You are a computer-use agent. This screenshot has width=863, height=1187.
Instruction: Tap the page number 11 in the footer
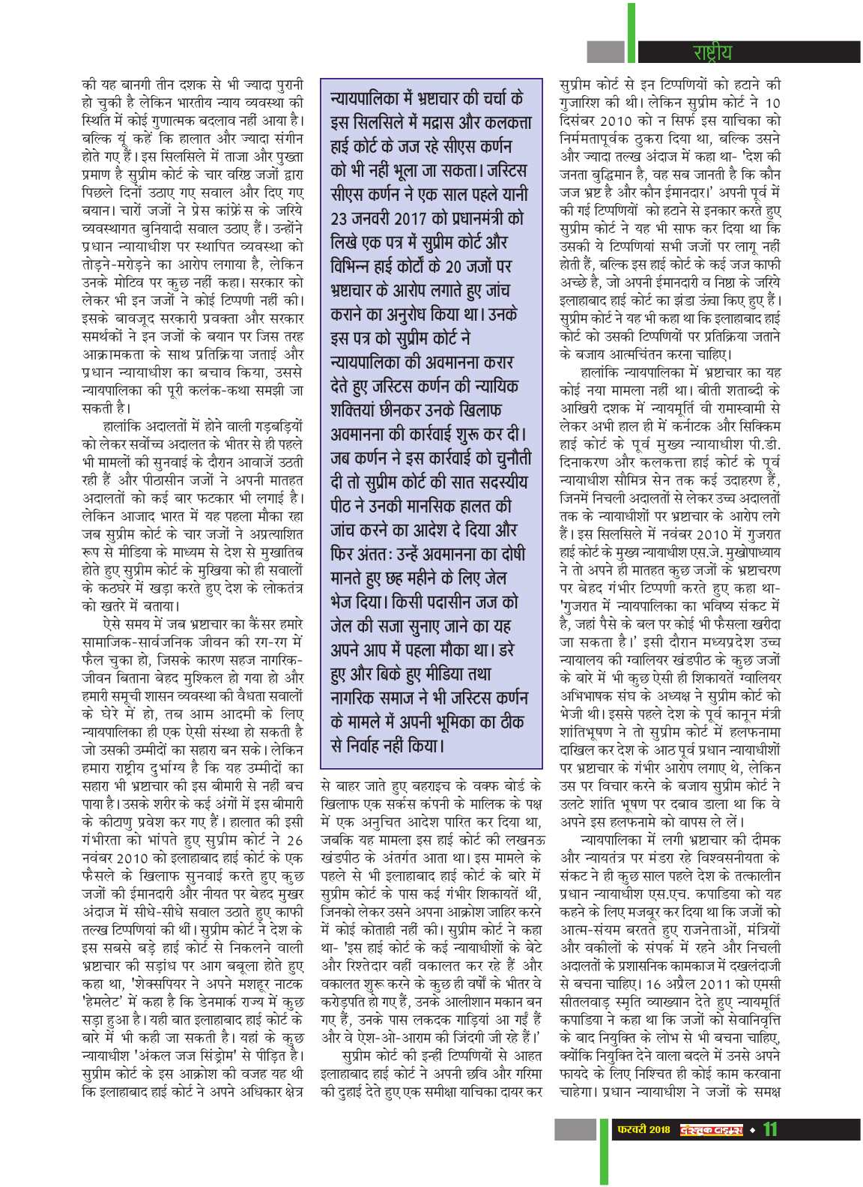pos(770,1129)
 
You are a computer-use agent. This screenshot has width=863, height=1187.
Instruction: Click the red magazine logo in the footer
pos(711,1129)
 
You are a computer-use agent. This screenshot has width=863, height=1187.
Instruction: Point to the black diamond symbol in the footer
pos(753,1129)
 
